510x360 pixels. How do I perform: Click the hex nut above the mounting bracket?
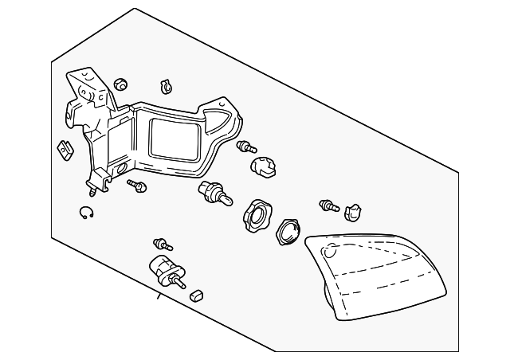tap(121, 83)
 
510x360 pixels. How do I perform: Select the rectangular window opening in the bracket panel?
tap(173, 136)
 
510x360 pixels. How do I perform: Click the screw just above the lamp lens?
tap(328, 206)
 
